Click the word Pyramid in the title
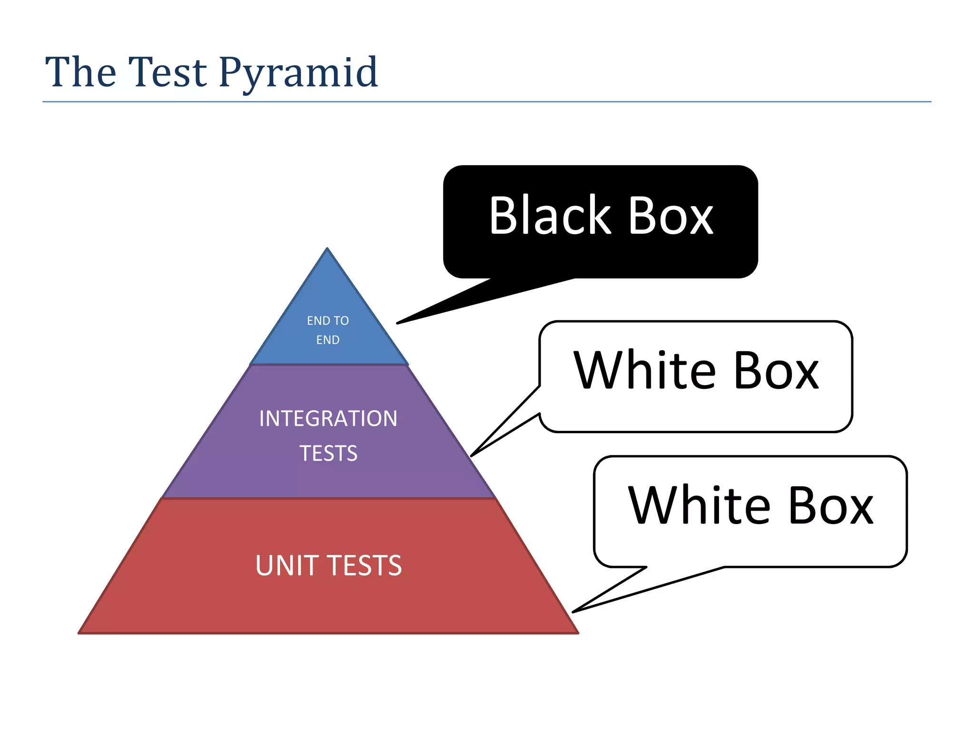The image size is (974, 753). pos(298,72)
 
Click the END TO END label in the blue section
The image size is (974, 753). pos(328,330)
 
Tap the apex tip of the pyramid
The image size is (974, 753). pos(327,249)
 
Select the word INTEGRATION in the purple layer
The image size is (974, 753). pos(328,418)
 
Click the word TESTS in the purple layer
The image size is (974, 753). pos(328,453)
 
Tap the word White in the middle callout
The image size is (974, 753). pos(644,370)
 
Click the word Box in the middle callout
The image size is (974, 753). pos(776,371)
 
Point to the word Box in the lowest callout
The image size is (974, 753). pos(831,506)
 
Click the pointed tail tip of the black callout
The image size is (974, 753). pos(398,323)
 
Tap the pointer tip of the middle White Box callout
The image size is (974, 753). pos(472,456)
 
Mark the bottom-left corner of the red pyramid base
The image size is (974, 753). pos(79,633)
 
